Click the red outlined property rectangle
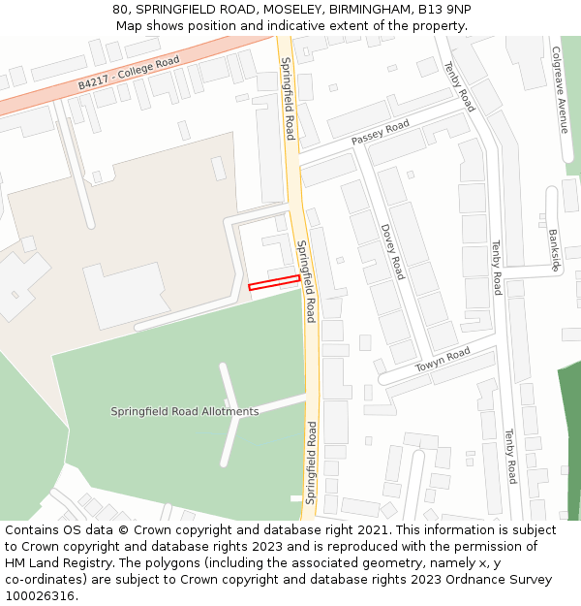point(274,282)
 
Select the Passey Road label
point(381,133)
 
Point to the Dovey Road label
point(391,251)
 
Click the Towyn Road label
point(443,360)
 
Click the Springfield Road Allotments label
point(185,411)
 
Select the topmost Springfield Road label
point(288,98)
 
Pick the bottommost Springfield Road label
point(311,462)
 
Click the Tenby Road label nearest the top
point(460,86)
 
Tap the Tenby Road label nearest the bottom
point(509,457)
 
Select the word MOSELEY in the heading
point(283,9)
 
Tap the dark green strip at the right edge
point(569,436)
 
